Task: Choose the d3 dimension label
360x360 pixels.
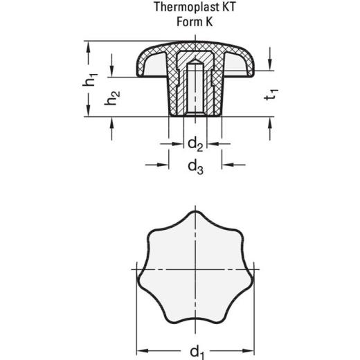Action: tap(195, 166)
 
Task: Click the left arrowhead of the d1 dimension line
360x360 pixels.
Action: tap(141, 347)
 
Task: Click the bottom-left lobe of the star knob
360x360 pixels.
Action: tap(156, 305)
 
